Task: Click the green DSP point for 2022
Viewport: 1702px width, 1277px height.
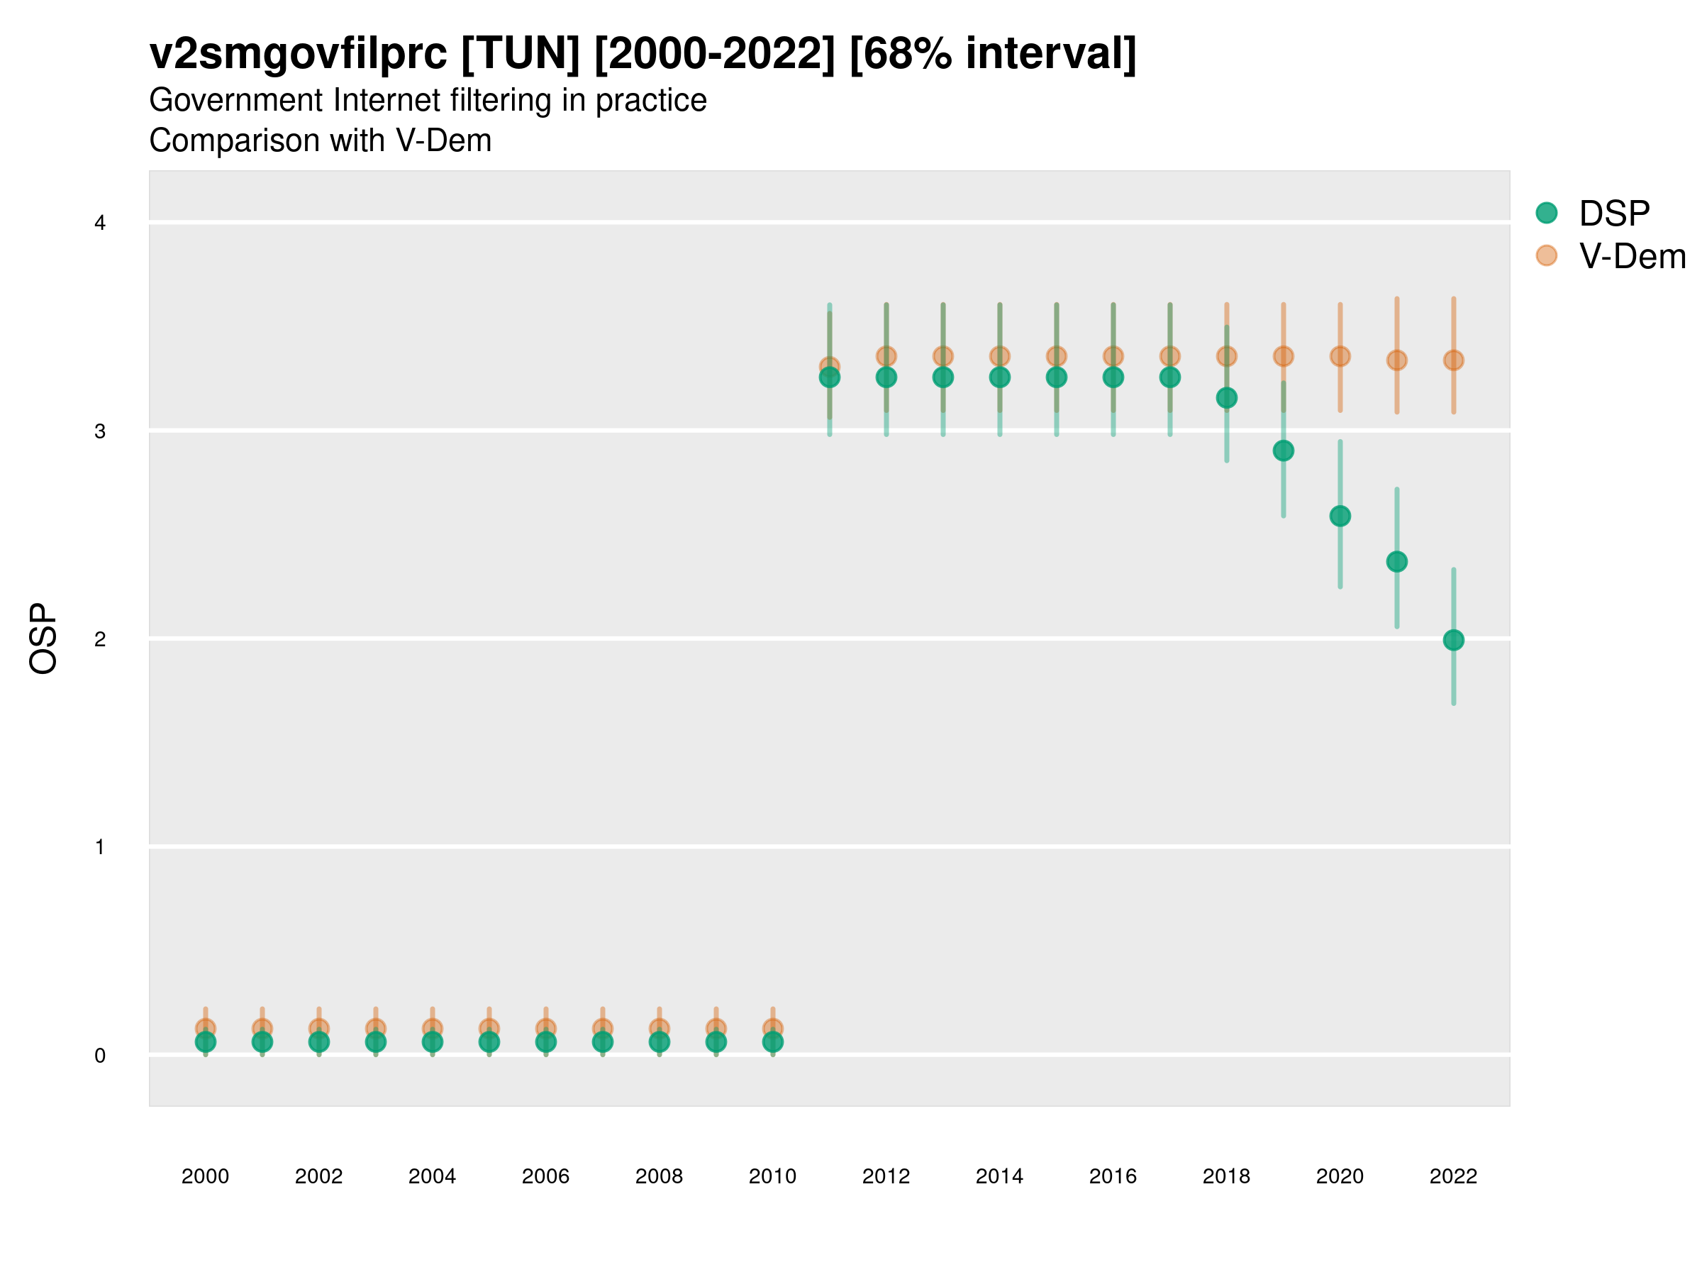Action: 1454,640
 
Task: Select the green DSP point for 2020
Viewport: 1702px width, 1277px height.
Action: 1340,516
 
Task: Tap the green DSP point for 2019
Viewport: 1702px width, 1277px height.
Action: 1284,450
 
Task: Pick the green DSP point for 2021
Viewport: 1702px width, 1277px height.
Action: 1396,562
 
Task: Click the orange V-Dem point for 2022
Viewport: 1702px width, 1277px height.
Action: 1454,360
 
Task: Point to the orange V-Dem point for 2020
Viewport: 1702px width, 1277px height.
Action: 1340,356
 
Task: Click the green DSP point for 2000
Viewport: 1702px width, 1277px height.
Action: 206,1041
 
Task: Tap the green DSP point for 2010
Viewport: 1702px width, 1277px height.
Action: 772,1041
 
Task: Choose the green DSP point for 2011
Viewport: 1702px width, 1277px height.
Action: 830,377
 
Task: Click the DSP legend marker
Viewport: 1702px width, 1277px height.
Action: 1546,214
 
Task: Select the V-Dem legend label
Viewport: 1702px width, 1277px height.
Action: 1632,256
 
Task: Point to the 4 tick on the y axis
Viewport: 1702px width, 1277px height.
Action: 100,223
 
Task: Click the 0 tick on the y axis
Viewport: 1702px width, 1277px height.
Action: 100,1056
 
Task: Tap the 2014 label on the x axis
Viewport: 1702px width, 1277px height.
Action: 999,1176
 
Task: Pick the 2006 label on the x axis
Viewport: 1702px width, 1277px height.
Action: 545,1176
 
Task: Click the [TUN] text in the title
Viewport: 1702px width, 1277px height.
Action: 520,54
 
